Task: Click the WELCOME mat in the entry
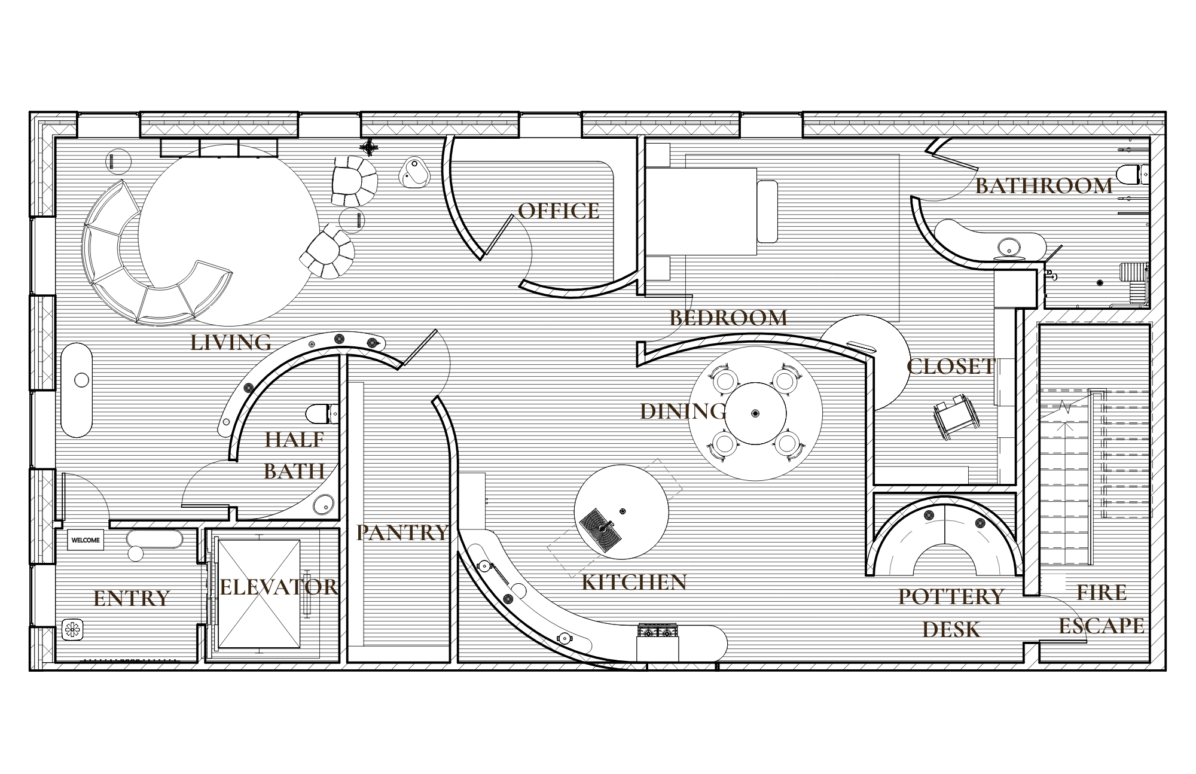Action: click(x=86, y=540)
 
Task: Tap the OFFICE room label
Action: click(x=559, y=211)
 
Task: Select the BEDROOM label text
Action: click(x=728, y=318)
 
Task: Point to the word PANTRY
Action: click(x=402, y=532)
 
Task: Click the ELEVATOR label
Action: click(x=279, y=587)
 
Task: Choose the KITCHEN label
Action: click(x=634, y=582)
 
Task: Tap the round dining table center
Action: click(x=755, y=413)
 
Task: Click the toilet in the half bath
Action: click(x=322, y=413)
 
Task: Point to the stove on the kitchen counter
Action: click(x=658, y=631)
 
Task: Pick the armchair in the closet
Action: click(x=956, y=418)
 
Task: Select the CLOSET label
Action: click(x=950, y=367)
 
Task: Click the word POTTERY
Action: click(x=951, y=596)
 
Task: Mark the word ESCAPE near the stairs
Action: click(x=1101, y=626)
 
